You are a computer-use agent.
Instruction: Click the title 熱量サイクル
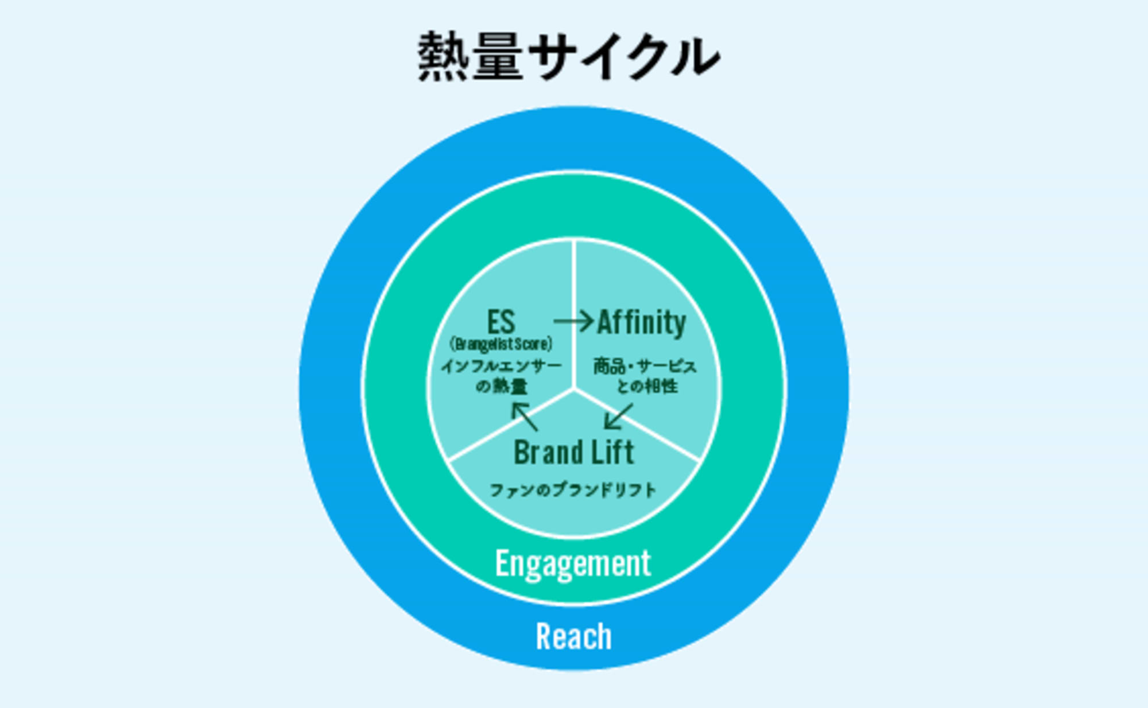[568, 56]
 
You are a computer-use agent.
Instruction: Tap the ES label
[501, 322]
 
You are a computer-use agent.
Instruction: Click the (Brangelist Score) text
[501, 344]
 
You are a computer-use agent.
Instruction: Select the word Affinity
[642, 322]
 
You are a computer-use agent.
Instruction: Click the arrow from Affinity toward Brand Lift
[618, 416]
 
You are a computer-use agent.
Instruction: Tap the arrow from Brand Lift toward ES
[525, 416]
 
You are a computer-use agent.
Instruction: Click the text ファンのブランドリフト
[573, 490]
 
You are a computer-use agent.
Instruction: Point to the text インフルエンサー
[501, 366]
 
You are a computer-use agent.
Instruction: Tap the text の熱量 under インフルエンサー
[501, 386]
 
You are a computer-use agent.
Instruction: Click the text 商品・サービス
[645, 366]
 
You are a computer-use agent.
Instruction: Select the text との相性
[647, 386]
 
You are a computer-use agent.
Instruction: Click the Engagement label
[573, 563]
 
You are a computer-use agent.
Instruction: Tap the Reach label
[573, 636]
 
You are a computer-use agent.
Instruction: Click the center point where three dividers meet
[573, 390]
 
